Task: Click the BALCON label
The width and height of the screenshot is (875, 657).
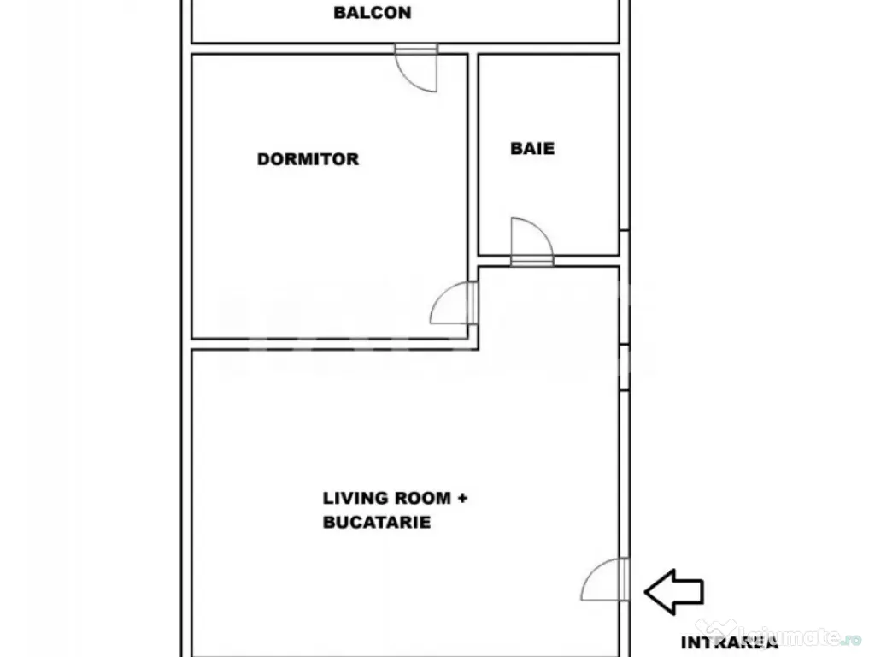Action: pos(372,13)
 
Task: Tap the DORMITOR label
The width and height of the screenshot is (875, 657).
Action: pos(308,159)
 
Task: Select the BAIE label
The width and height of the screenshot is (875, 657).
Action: pos(532,148)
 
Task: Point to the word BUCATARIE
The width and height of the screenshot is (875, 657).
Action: pos(377,522)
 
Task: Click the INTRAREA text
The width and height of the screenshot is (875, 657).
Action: pos(729,642)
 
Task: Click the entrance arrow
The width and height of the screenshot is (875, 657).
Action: pos(673,590)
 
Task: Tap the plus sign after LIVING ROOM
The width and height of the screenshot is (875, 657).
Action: pos(462,498)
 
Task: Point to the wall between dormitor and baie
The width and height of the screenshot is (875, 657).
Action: pos(473,154)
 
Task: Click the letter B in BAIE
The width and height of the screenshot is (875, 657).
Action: pos(515,148)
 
